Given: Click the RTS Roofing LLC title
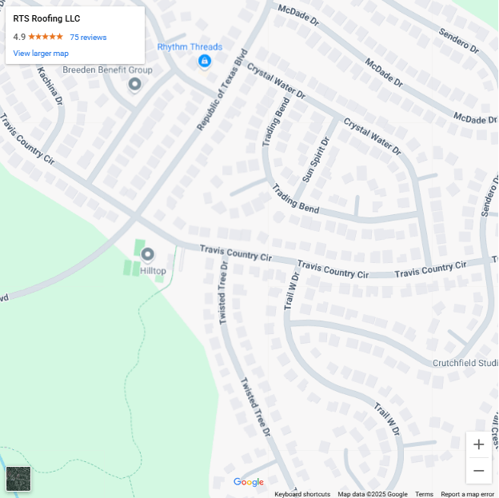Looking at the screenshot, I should (46, 18).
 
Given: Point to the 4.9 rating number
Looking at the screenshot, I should (19, 37).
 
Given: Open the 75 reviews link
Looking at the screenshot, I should (88, 38).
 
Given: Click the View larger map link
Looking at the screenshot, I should (41, 54).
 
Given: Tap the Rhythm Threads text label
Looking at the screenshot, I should (190, 47).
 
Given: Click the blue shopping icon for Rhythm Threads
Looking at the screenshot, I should (205, 61).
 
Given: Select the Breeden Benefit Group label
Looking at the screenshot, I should (107, 70).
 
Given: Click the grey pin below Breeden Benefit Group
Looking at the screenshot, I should (135, 83).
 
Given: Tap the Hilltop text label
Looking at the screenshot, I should (153, 271).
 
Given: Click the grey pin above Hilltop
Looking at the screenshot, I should (147, 255).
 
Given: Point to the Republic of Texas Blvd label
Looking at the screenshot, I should (223, 93).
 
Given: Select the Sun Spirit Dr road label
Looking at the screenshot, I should (315, 159).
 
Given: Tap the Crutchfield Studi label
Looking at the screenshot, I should (465, 363).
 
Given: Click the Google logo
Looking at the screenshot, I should (249, 482).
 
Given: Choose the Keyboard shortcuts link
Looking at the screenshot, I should (302, 494).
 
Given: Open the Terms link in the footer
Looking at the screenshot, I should (424, 494).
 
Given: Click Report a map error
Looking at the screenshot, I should (468, 494).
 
